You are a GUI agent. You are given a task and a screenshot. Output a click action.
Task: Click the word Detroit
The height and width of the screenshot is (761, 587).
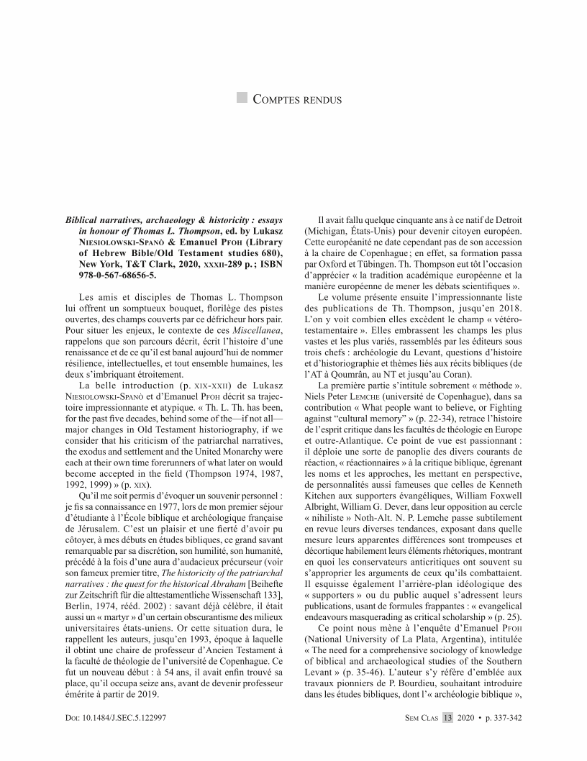pyautogui.click(x=503, y=218)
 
